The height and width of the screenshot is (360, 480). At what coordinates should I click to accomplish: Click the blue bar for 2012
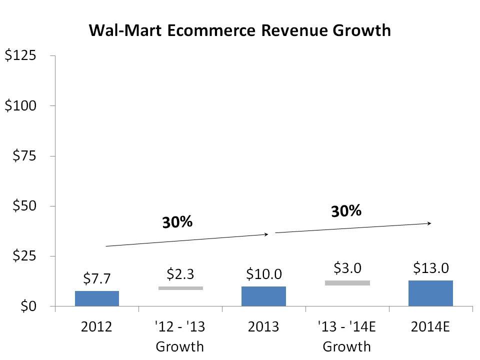pos(97,298)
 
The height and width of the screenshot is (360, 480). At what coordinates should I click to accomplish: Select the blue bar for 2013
pos(263,296)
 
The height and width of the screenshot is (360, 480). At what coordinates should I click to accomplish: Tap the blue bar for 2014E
pos(430,293)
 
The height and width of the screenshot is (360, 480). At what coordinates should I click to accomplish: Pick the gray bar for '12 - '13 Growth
pos(180,288)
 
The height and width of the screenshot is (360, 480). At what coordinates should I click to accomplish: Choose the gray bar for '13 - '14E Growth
pos(347,282)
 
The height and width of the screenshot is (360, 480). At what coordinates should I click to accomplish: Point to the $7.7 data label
pos(97,278)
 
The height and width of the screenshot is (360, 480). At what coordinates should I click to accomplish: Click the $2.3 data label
pos(180,273)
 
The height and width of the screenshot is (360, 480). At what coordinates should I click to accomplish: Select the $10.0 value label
pos(264,273)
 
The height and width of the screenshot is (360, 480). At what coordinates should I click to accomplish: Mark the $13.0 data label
pos(430,268)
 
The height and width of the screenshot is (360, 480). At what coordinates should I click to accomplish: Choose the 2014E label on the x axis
pos(430,328)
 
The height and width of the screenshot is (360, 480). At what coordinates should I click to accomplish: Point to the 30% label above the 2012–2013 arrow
pos(177,221)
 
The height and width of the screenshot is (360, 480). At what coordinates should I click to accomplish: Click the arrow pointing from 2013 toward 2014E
pos(352,228)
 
